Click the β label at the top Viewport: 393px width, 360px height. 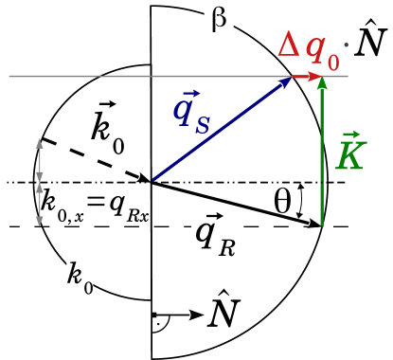point(219,19)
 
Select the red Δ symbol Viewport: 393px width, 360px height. point(289,45)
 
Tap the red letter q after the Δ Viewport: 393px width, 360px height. point(314,48)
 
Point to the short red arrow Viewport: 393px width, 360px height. point(307,76)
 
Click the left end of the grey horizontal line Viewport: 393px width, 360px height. point(9,76)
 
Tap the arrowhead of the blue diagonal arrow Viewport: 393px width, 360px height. point(287,81)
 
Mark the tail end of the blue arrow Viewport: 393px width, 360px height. point(153,179)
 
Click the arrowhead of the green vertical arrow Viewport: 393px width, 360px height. point(322,82)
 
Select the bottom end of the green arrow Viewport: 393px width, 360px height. point(322,225)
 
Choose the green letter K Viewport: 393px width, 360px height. point(349,156)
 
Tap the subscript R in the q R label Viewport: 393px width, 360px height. point(226,248)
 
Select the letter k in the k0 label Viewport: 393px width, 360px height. point(75,275)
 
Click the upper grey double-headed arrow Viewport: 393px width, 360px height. point(40,160)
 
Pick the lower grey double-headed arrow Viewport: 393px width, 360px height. point(40,204)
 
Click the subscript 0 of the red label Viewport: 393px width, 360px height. point(332,63)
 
